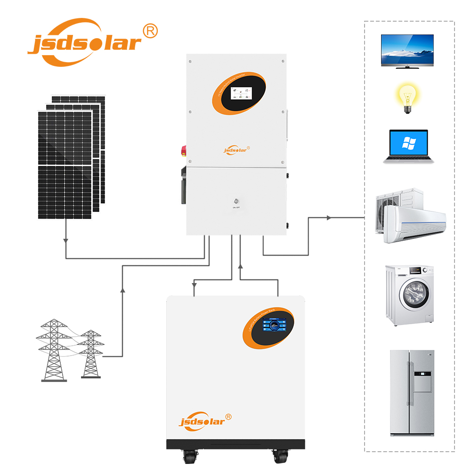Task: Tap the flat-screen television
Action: [x=407, y=50]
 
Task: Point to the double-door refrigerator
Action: [x=412, y=393]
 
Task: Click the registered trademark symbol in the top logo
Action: [x=150, y=31]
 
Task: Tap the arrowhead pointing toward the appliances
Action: [x=329, y=218]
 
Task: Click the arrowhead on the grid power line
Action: [x=122, y=290]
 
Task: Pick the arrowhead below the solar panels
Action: [x=65, y=241]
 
